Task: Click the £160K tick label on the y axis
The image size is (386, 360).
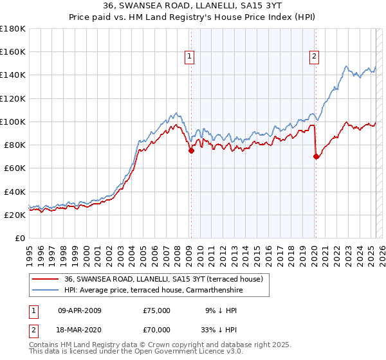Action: (12, 52)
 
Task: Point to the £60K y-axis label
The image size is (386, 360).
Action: (14, 168)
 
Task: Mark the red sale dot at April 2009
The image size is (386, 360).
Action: (191, 151)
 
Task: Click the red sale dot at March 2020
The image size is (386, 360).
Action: (316, 156)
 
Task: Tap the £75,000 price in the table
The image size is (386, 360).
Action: (157, 310)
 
